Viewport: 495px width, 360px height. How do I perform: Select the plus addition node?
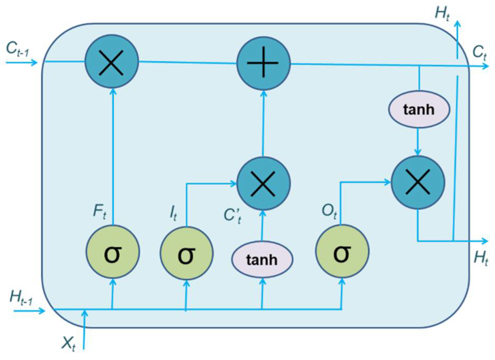263,63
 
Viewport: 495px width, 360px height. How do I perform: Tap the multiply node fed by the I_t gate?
263,184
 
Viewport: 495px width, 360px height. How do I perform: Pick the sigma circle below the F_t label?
113,252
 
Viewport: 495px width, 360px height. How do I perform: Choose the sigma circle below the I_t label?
186,253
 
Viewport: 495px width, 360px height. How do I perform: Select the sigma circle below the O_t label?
342,252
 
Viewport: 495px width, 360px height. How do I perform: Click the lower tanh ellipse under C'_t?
262,259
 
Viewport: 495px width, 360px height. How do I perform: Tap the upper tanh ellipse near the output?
419,109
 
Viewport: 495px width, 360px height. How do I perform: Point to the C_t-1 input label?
17,50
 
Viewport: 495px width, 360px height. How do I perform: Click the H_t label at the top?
442,13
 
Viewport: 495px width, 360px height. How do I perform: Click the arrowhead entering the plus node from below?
263,93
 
